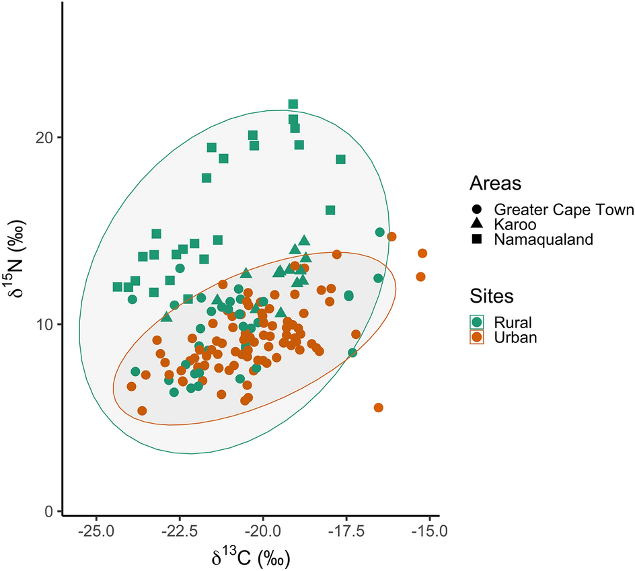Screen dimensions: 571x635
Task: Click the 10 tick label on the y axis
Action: (x=45, y=324)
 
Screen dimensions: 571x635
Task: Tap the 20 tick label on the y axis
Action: (x=45, y=137)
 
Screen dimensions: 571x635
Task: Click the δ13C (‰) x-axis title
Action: (x=250, y=558)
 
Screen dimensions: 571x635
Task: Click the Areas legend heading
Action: (x=496, y=183)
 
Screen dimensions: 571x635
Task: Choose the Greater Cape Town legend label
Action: (x=564, y=210)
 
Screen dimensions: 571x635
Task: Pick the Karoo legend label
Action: (x=513, y=224)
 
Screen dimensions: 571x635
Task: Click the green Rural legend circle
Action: (x=477, y=321)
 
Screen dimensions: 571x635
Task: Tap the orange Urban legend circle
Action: (x=477, y=336)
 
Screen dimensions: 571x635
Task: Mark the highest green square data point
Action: (x=293, y=104)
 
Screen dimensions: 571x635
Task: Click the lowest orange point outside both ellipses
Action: (x=379, y=408)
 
